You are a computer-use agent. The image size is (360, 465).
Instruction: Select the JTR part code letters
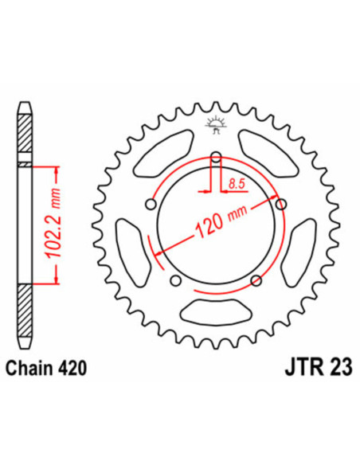point(289,369)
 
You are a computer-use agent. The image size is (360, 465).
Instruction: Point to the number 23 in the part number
point(326,369)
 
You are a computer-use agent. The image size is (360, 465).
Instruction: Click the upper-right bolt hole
point(280,203)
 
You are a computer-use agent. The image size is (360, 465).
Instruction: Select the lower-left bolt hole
point(174,279)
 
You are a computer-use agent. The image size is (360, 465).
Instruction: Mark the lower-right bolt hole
point(255,279)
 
